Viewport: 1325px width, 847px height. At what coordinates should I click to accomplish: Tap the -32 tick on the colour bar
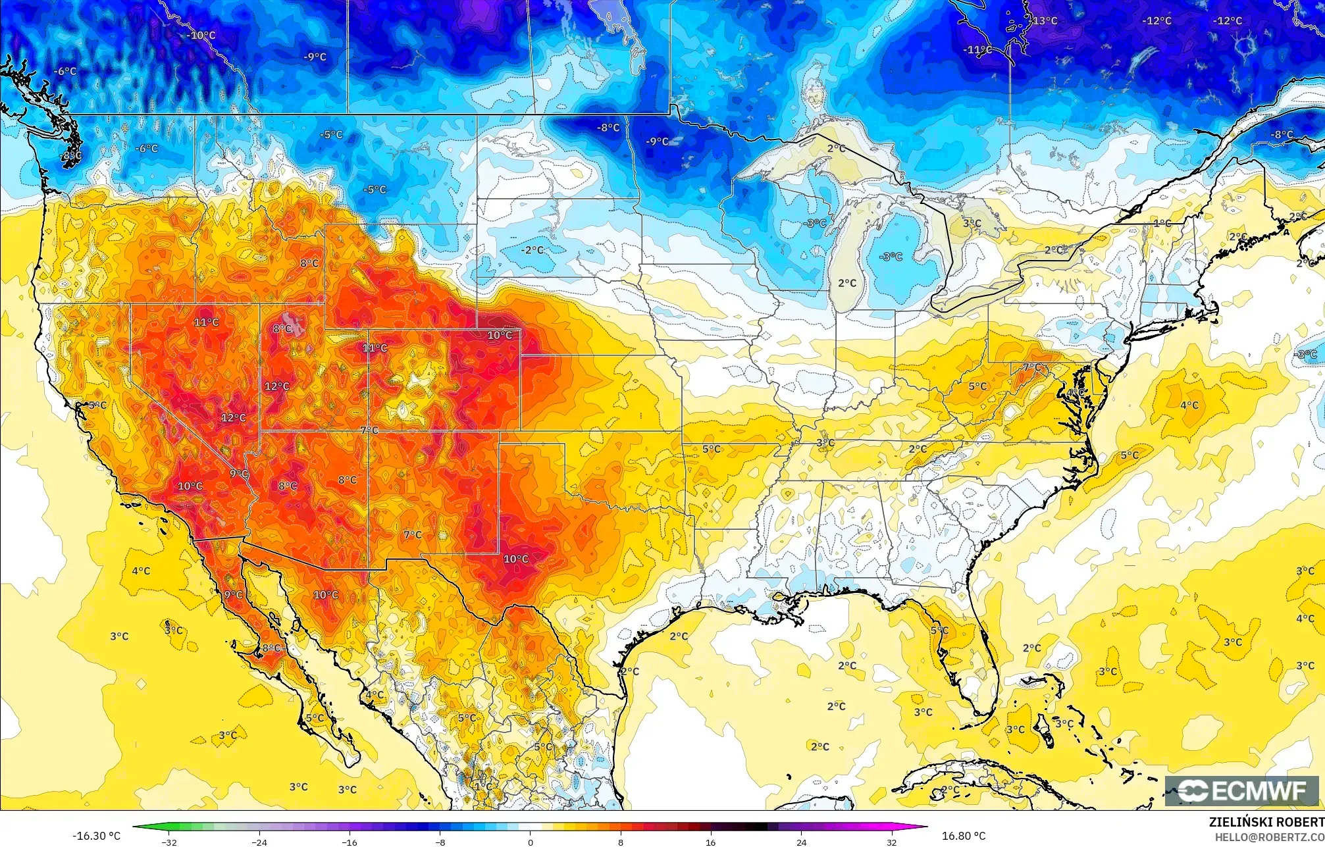[x=170, y=842]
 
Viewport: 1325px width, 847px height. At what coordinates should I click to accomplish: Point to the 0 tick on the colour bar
[x=531, y=842]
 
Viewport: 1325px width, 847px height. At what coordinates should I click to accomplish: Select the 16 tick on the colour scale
[x=711, y=842]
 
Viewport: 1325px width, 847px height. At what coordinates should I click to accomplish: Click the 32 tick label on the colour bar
[x=891, y=842]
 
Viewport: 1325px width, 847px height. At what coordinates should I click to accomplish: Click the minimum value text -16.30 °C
[x=96, y=836]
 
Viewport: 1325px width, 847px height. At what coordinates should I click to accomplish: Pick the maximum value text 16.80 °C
[x=964, y=836]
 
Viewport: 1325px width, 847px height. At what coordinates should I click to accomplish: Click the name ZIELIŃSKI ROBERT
[x=1266, y=822]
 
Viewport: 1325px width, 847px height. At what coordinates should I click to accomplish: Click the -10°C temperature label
[x=201, y=36]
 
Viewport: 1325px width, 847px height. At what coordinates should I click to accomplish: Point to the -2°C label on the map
[x=532, y=250]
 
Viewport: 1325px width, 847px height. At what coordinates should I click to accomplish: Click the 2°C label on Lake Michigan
[x=847, y=283]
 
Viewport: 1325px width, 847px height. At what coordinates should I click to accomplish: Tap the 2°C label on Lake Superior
[x=836, y=148]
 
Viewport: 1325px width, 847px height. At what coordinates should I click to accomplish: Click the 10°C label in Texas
[x=515, y=559]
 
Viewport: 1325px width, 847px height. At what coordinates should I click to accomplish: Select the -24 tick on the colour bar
[x=260, y=842]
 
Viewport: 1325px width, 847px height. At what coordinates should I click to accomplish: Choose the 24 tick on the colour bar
[x=801, y=842]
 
